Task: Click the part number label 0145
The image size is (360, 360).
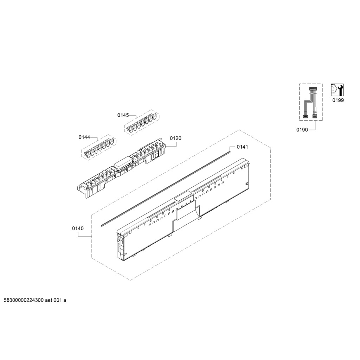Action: [x=123, y=115]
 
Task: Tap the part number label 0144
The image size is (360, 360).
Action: [x=84, y=137]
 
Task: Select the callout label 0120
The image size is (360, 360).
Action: [x=176, y=138]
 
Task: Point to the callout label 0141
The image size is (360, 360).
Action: [x=243, y=147]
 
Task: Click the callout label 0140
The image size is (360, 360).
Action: [x=78, y=229]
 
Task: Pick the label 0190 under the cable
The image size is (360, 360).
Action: [x=302, y=130]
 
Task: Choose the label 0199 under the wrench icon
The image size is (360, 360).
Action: [x=338, y=100]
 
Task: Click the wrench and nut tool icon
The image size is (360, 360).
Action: [x=337, y=90]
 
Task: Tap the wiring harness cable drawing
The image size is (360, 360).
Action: [x=310, y=103]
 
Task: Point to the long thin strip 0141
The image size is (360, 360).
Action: [x=166, y=187]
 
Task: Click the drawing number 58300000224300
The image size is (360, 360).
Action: [x=24, y=300]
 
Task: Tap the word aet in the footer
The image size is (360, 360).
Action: [x=49, y=300]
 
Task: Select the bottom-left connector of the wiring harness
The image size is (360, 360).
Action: [x=306, y=116]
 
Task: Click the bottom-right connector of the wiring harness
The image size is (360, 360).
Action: [x=315, y=116]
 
